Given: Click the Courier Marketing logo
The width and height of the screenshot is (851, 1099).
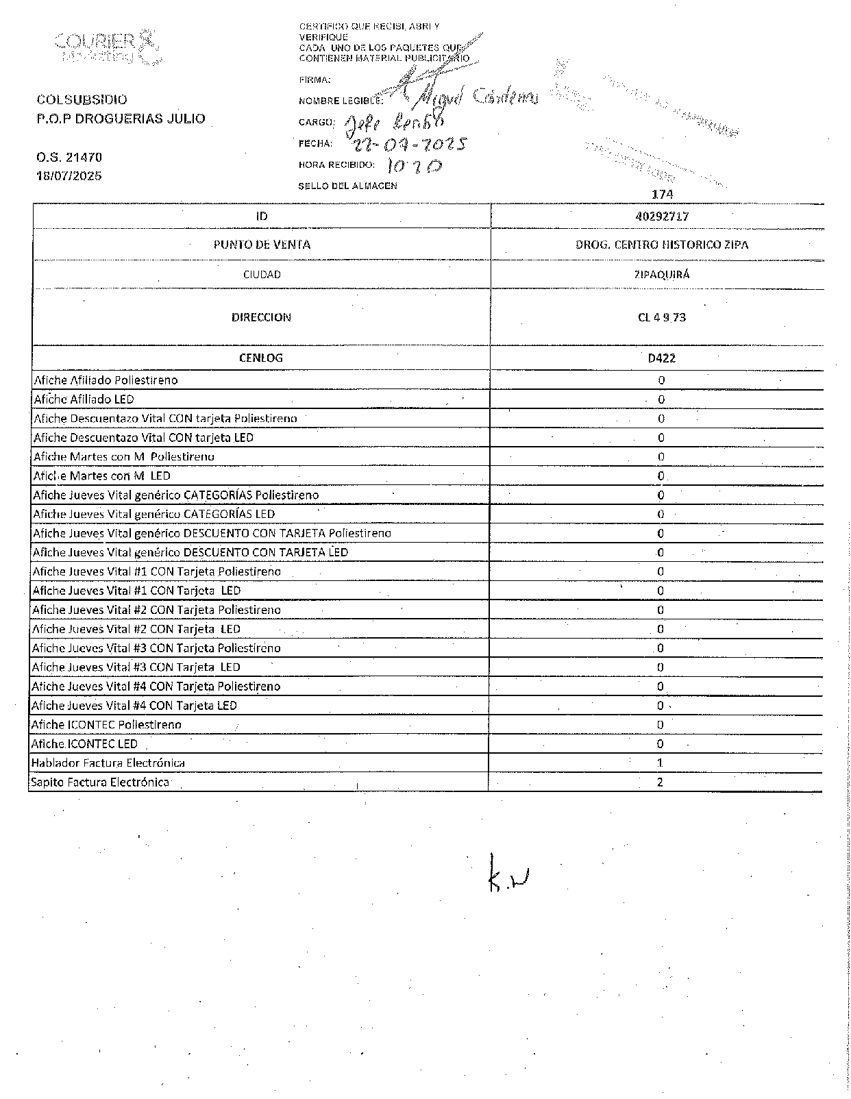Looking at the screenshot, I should (x=108, y=47).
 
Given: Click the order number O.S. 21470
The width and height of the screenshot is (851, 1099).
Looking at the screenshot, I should (x=69, y=157).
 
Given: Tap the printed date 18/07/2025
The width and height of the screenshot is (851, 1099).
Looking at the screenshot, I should (x=69, y=175).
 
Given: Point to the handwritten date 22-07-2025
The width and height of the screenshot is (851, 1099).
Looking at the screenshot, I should (x=408, y=145).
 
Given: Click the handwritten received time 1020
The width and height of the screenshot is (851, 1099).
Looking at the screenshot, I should (x=415, y=166).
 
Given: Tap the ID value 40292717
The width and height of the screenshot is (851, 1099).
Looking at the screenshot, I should (x=661, y=216).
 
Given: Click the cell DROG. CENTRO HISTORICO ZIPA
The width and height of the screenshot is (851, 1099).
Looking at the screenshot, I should (x=661, y=245).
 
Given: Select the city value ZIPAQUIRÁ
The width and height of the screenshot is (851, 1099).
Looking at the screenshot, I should (x=661, y=275).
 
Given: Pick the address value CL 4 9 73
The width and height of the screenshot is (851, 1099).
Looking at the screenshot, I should (x=661, y=317).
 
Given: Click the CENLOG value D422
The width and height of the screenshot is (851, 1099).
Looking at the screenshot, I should (x=661, y=358).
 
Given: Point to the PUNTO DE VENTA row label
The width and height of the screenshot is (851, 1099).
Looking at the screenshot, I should (x=262, y=245).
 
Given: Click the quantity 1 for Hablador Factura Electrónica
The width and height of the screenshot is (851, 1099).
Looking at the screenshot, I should (x=660, y=763).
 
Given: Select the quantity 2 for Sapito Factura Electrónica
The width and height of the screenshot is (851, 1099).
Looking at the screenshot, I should (x=660, y=782).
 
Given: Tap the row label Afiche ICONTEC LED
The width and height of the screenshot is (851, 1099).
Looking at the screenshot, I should (x=84, y=743).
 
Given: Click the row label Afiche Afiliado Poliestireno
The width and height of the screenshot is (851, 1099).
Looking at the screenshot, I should (x=106, y=380).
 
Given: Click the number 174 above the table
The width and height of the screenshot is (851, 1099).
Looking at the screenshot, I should (x=663, y=195).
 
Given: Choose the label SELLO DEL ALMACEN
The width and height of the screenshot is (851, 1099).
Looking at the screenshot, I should (x=347, y=186).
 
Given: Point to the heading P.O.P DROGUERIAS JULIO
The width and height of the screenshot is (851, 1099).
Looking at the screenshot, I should (x=121, y=119).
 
